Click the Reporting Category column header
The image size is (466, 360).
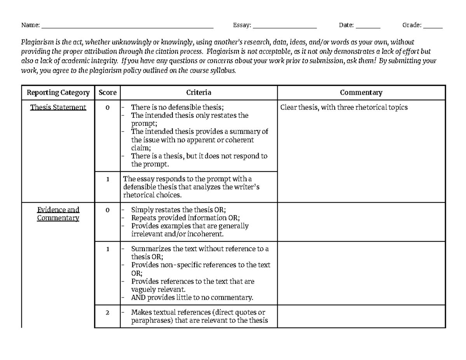click(58, 92)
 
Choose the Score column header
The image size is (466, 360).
click(107, 92)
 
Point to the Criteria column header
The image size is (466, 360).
click(198, 92)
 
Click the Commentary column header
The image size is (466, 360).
click(361, 92)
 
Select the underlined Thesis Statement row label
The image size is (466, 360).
click(58, 108)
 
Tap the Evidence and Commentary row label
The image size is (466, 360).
click(58, 214)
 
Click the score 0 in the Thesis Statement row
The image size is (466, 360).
click(107, 108)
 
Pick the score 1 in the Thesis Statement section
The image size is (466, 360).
click(107, 179)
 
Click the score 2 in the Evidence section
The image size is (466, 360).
click(107, 313)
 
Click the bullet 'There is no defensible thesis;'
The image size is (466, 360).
click(177, 108)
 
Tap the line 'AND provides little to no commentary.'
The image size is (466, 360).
click(192, 298)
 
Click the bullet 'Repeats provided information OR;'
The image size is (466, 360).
click(185, 218)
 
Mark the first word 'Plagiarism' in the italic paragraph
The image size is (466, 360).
click(36, 42)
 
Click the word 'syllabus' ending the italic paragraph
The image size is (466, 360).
click(224, 71)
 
